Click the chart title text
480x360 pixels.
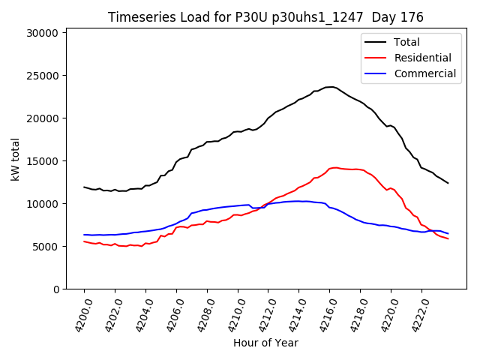click(265, 17)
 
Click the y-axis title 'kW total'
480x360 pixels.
click(16, 158)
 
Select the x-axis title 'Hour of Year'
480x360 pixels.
click(265, 343)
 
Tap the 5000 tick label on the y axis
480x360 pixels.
click(47, 247)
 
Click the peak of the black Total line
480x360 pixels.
click(331, 87)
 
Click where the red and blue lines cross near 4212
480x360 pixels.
click(264, 205)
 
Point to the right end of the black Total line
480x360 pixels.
click(448, 183)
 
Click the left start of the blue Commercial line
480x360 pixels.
click(84, 235)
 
